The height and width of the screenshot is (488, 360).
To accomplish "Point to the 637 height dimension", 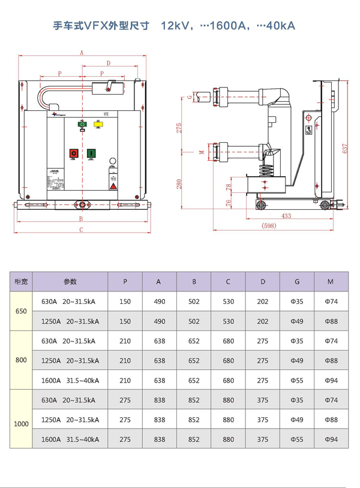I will tap(344, 147).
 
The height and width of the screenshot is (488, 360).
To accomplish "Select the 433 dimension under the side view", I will tap(286, 216).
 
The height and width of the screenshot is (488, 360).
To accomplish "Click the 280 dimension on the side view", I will tap(179, 183).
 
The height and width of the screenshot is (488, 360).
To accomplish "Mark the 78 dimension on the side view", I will tap(227, 188).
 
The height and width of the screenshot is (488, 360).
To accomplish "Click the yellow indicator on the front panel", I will tap(99, 124).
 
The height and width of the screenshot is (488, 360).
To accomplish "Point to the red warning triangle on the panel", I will tap(112, 186).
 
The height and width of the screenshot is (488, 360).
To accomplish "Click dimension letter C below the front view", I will tap(81, 230).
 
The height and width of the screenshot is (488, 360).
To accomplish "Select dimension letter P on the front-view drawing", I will tap(60, 73).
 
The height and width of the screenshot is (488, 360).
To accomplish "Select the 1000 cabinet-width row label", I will tap(21, 424).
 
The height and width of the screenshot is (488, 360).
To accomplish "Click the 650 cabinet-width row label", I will tap(21, 312).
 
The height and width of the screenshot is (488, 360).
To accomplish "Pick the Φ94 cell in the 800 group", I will tap(331, 381).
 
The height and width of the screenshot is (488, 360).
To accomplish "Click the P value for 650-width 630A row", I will tap(125, 302).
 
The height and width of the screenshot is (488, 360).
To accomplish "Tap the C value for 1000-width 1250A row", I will tap(228, 420).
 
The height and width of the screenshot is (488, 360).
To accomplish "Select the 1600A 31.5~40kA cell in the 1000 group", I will tap(70, 439).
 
